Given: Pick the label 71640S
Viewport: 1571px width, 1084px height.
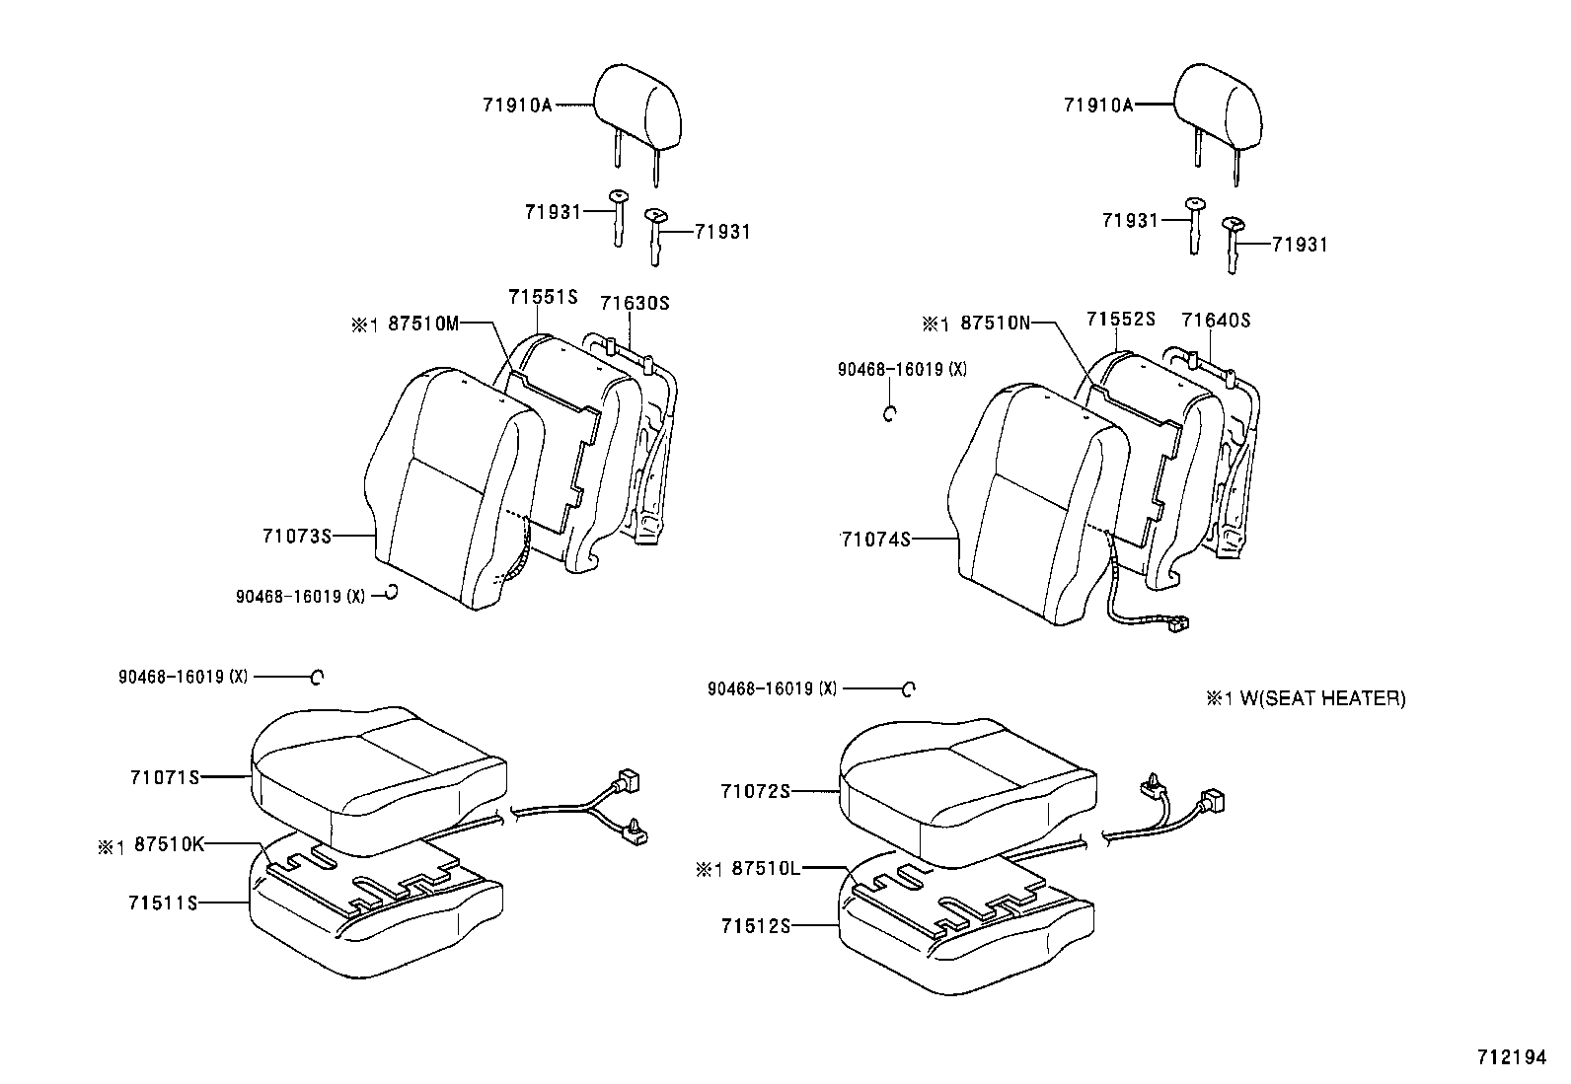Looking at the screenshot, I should click(x=1216, y=320).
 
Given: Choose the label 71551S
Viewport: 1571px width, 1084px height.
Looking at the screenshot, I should click(x=542, y=297).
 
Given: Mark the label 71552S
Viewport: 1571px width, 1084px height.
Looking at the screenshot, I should click(x=1121, y=319).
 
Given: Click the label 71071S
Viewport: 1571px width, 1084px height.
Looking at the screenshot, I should click(x=164, y=776).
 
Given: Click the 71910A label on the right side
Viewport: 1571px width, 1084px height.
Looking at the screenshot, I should click(x=1097, y=105).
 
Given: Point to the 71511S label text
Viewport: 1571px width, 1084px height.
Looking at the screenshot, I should click(x=163, y=902).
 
